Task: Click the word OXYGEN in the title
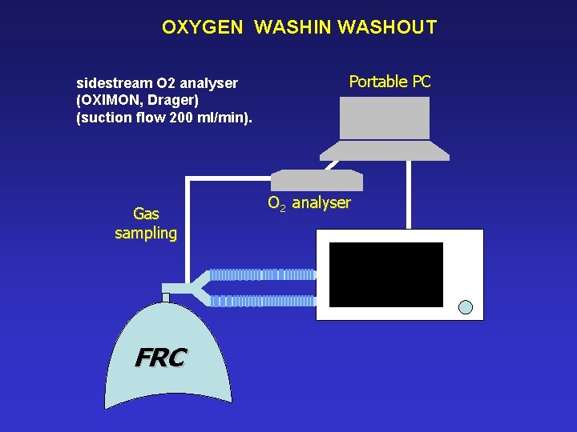[201, 27]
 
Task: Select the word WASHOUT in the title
[388, 27]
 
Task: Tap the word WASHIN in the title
[293, 27]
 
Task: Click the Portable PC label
[389, 81]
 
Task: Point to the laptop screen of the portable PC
[385, 118]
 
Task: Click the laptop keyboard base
[384, 150]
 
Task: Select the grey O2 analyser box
[317, 180]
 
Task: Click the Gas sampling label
[146, 223]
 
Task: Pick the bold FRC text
[160, 358]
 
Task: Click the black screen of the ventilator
[385, 274]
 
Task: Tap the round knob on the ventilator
[466, 306]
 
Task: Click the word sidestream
[111, 83]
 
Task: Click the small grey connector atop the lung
[166, 298]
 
